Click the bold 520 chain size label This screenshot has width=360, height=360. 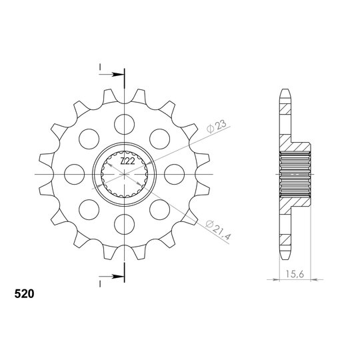point(24,294)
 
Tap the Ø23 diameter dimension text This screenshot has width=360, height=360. point(216,126)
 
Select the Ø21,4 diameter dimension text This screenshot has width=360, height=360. point(217,230)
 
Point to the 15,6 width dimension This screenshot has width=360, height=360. point(295,274)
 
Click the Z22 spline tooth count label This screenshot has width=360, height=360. point(127,161)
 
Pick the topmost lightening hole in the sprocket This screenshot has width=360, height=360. point(124,124)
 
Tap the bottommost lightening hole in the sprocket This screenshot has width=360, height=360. point(124,224)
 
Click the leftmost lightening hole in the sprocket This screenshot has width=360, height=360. point(75,174)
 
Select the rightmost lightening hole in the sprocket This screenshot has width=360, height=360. point(175,174)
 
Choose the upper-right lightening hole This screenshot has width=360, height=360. point(159,139)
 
